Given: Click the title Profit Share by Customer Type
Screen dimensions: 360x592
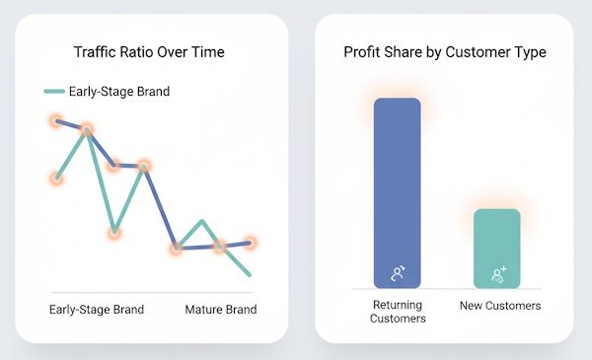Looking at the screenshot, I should (444, 51).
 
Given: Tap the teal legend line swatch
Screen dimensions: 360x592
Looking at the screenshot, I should (54, 92).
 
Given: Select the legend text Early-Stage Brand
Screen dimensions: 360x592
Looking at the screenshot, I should (119, 92).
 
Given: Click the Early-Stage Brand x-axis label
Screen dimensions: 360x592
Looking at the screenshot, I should (97, 310).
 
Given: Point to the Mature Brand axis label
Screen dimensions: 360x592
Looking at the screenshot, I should (221, 310).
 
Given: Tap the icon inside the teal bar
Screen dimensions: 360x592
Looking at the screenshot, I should (497, 273).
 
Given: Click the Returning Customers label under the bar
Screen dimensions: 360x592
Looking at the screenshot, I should (398, 312).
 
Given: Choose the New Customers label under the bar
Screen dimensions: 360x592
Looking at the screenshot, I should (500, 306).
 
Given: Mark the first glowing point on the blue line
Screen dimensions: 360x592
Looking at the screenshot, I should (57, 120).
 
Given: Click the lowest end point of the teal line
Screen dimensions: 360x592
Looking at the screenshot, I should (251, 274).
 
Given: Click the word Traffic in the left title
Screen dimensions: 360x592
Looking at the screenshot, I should (96, 51).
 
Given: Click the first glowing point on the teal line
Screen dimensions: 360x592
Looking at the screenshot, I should (57, 179).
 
